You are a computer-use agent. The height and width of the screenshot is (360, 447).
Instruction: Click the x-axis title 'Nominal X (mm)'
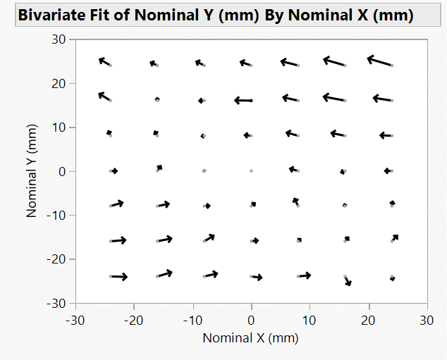pos(250,337)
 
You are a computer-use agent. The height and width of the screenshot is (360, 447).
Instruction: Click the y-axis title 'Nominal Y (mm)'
pos(32,171)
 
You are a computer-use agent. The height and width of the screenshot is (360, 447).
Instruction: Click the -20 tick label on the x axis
pos(134,320)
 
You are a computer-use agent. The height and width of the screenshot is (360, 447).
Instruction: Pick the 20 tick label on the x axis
pos(367,320)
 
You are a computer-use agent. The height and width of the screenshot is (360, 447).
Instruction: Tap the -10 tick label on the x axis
pos(192,320)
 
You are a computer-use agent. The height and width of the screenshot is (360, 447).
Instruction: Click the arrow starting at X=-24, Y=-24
pos(119,277)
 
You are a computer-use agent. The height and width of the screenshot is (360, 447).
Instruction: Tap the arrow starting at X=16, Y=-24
pos(348,280)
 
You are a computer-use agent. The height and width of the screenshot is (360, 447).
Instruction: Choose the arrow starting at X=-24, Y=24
pos(105,62)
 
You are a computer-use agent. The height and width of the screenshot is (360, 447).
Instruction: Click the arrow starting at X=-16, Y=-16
pos(165,240)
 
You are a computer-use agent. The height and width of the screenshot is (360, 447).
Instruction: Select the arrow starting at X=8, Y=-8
pos(296,202)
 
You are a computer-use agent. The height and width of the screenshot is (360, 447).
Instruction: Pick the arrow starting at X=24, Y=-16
pos(395,238)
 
